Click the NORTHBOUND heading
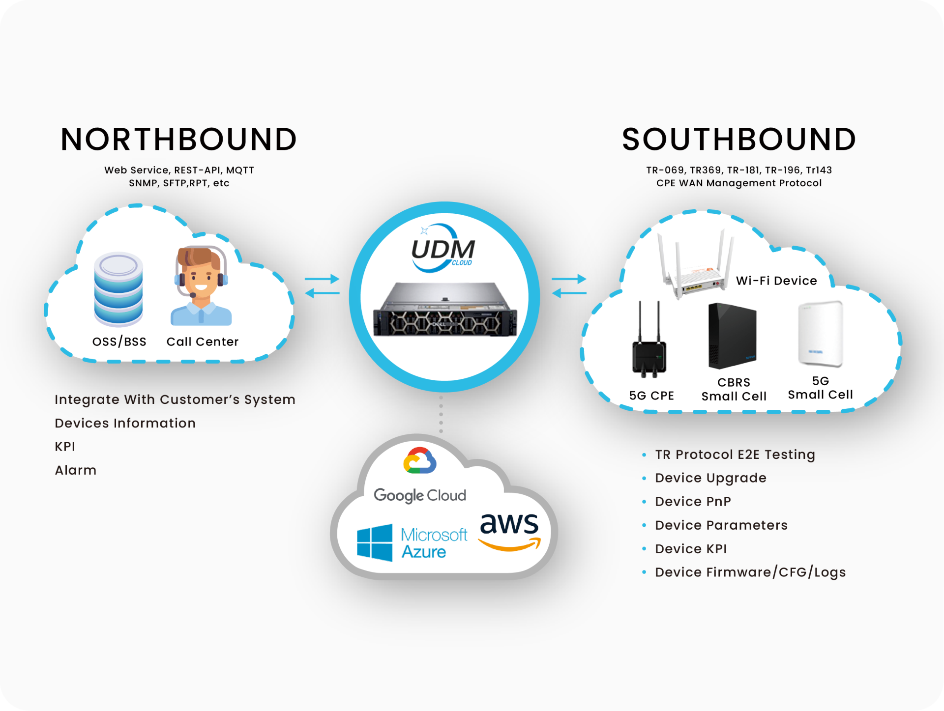coord(178,139)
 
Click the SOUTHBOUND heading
coord(739,139)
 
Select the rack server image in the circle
coord(445,311)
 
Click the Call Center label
coord(202,341)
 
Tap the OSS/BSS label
coord(119,341)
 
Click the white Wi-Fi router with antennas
coord(694,268)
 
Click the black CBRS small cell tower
coord(732,337)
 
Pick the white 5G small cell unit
coord(820,334)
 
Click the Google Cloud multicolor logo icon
coord(419,461)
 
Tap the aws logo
coord(509,531)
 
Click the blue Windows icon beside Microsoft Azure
coord(375,542)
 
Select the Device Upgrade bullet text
coord(710,478)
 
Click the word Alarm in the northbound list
coord(76,470)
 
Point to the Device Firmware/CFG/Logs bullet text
coord(750,572)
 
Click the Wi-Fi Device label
coord(776,281)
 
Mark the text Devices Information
coord(125,423)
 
